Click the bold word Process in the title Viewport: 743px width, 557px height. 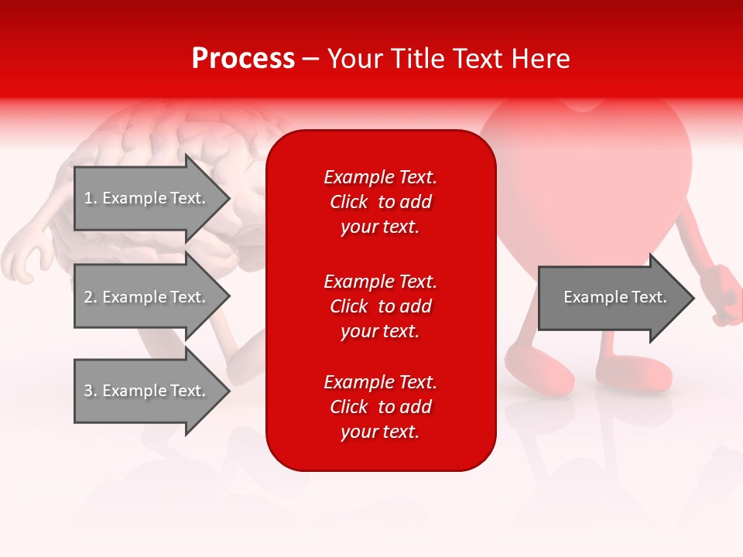(x=243, y=59)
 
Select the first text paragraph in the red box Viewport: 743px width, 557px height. (x=380, y=202)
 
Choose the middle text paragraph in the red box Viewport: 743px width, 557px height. (x=380, y=306)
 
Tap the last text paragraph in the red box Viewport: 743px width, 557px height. (x=380, y=407)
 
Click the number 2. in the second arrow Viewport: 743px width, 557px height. (x=91, y=297)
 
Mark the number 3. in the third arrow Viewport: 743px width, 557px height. (x=91, y=391)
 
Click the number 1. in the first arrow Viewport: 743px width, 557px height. (x=91, y=198)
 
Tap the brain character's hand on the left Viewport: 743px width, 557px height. (x=23, y=259)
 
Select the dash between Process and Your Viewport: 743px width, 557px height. (x=310, y=60)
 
